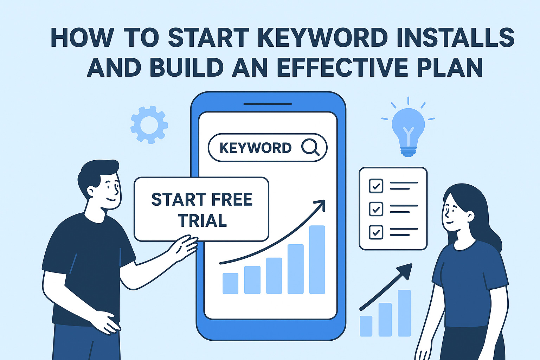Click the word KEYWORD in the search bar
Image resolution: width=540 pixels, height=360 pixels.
point(256,148)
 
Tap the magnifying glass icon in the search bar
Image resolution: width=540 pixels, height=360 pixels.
point(310,147)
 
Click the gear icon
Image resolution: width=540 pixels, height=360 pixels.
point(149,124)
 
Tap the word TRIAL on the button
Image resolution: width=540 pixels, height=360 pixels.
point(202,221)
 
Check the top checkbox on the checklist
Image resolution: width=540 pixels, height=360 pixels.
point(376,186)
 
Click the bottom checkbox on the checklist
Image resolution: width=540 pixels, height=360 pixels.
point(376,232)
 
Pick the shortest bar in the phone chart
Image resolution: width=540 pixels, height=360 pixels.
point(230,283)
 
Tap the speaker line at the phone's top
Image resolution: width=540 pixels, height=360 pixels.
point(268,104)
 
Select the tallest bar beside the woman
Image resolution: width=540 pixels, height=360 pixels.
point(404,313)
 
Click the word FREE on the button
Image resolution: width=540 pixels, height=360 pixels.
point(232,200)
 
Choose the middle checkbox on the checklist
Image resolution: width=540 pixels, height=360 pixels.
point(376,209)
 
